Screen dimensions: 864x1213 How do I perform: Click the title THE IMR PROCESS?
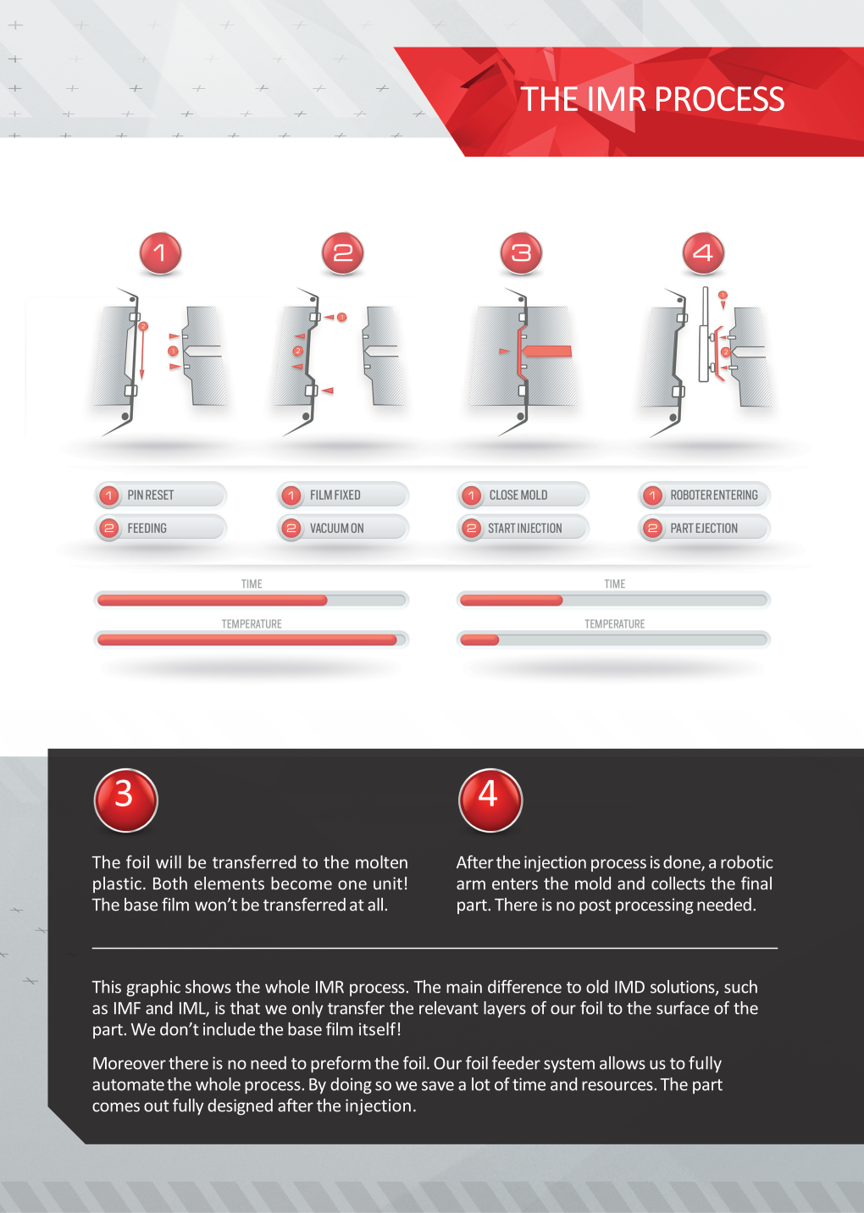pyautogui.click(x=652, y=99)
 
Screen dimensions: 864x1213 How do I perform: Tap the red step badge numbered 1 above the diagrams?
pyautogui.click(x=160, y=253)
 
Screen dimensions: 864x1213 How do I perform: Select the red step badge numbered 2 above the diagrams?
pyautogui.click(x=342, y=253)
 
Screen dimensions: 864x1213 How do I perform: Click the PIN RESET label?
pyautogui.click(x=151, y=495)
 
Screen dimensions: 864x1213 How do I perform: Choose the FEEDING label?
pyautogui.click(x=147, y=528)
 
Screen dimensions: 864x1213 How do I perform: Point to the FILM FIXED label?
pyautogui.click(x=335, y=495)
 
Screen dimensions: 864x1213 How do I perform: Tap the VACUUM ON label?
pyautogui.click(x=337, y=528)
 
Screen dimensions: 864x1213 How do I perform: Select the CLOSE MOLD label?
pyautogui.click(x=518, y=495)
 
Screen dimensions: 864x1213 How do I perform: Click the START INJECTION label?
pyautogui.click(x=524, y=528)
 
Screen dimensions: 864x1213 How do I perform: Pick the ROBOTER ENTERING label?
pyautogui.click(x=714, y=495)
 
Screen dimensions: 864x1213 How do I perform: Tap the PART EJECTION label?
pyautogui.click(x=704, y=528)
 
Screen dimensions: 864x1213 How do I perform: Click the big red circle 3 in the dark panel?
pyautogui.click(x=125, y=800)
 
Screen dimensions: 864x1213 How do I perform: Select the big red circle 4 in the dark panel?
pyautogui.click(x=490, y=800)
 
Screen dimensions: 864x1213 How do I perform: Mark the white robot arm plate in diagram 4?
pyautogui.click(x=704, y=334)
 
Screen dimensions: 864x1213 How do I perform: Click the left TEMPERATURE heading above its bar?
pyautogui.click(x=252, y=623)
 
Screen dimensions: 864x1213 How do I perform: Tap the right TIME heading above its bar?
pyautogui.click(x=614, y=584)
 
